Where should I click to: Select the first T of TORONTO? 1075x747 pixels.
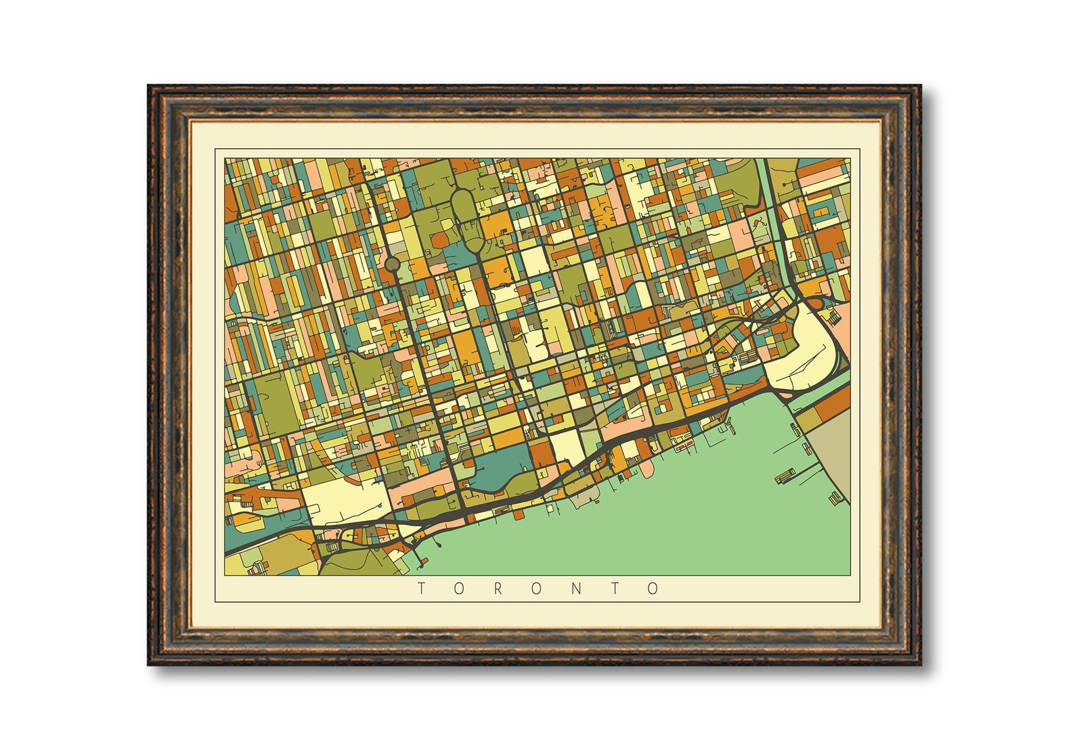[421, 589]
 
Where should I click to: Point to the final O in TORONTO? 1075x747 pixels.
[653, 589]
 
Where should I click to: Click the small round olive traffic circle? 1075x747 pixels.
[392, 264]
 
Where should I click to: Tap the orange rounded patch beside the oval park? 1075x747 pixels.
[440, 238]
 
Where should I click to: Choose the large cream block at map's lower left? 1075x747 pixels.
[345, 501]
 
